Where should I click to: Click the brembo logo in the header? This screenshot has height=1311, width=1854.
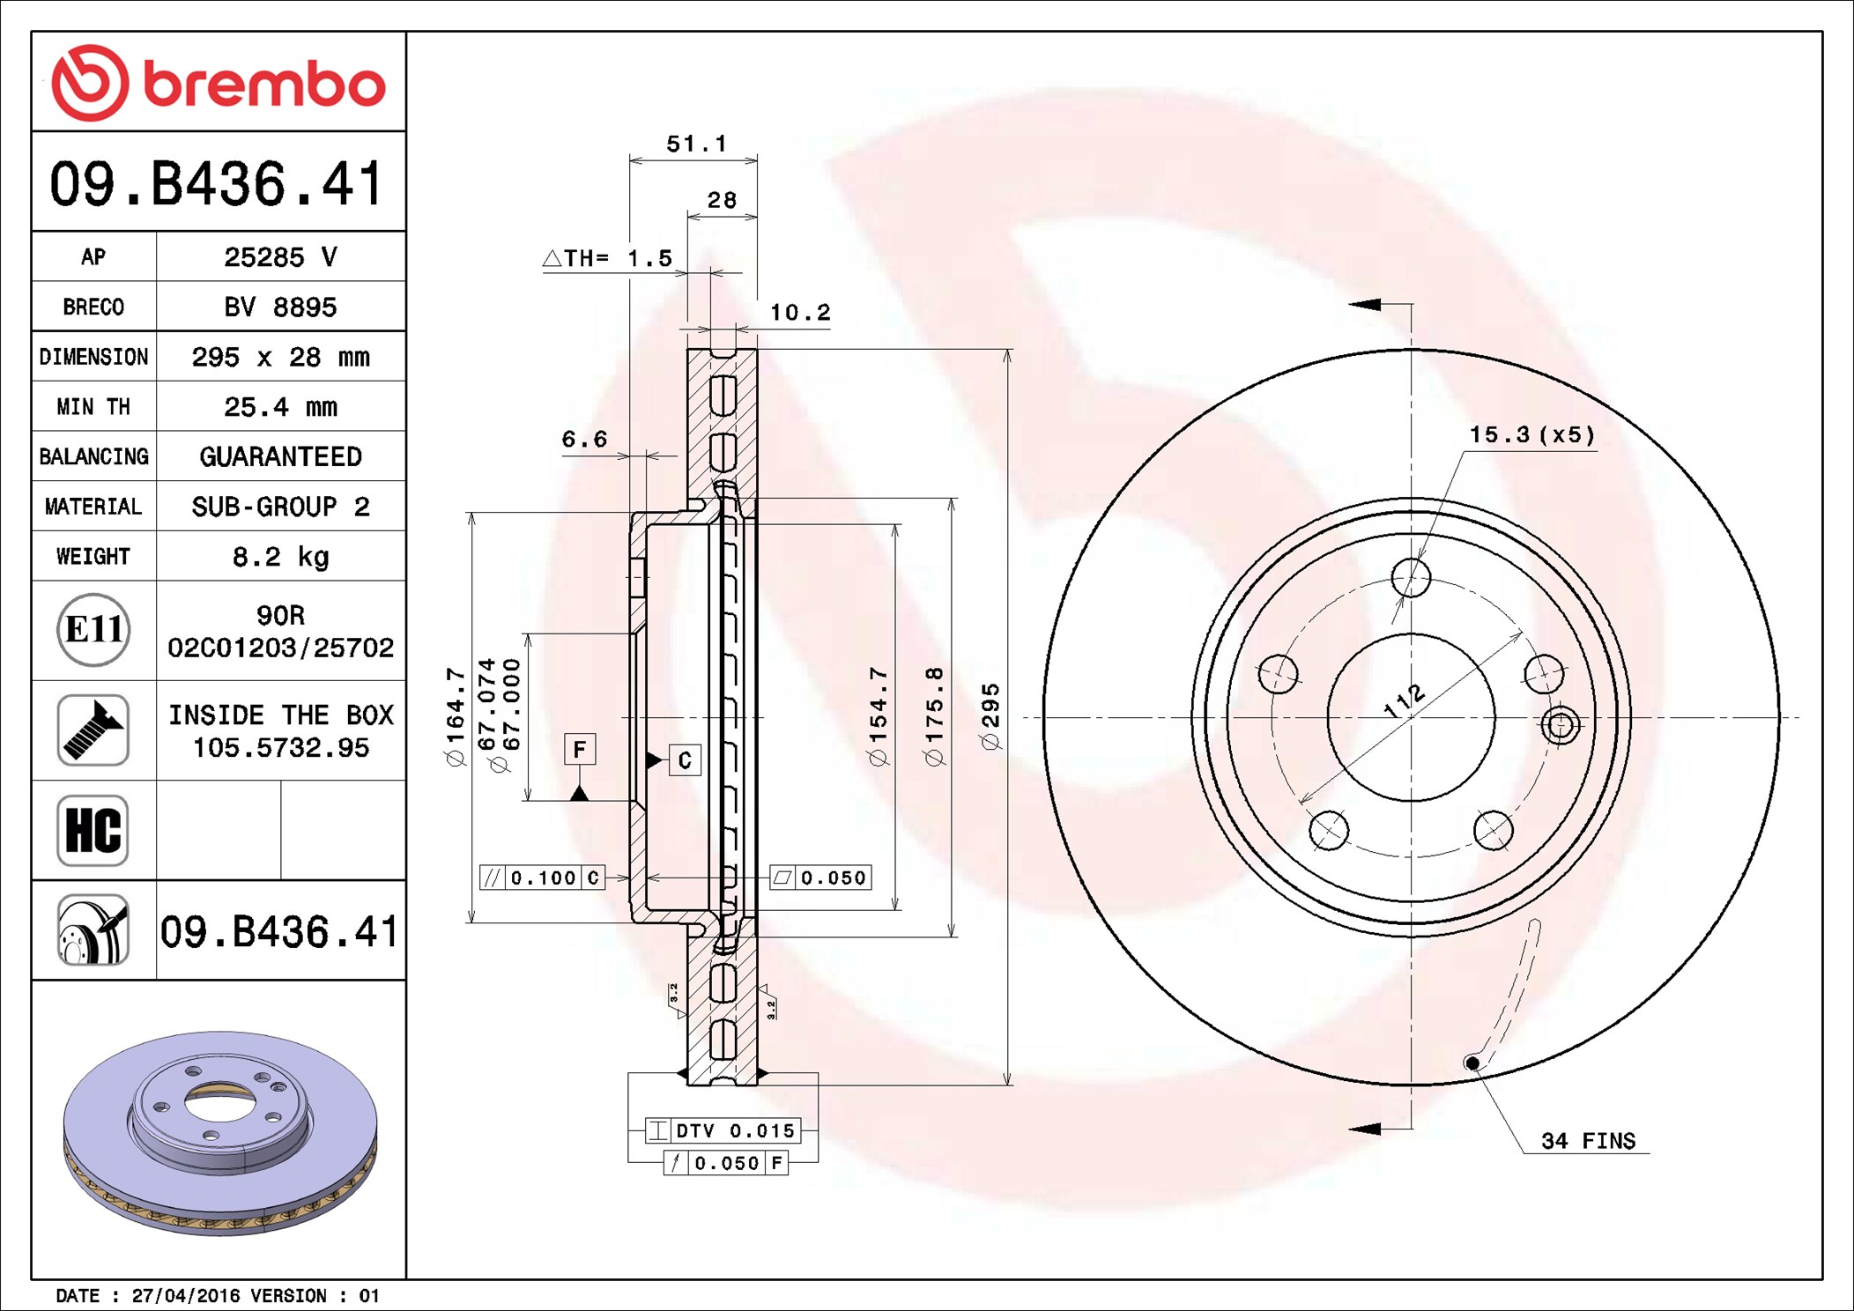tap(219, 83)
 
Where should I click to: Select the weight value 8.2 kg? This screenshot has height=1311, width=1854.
tap(281, 557)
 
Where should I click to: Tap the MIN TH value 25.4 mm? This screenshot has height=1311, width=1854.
tap(281, 407)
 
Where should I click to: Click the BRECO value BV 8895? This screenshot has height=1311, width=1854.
tap(281, 307)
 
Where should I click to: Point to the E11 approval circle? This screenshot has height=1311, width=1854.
tap(93, 629)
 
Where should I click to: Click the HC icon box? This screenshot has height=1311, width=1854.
tap(93, 830)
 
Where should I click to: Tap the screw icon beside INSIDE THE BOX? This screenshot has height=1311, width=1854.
tap(93, 730)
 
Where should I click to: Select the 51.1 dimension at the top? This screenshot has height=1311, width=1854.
tap(696, 144)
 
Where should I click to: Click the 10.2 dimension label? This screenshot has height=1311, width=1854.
tap(800, 313)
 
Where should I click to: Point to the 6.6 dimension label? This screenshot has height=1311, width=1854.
tap(585, 439)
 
